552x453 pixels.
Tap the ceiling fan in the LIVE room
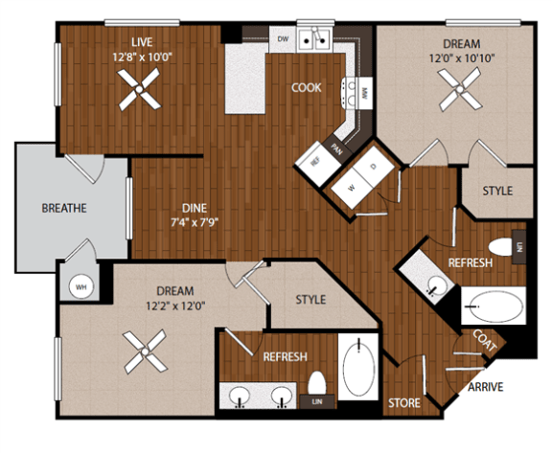(x=141, y=93)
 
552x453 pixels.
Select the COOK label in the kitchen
(x=307, y=87)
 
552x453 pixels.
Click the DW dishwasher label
(x=283, y=38)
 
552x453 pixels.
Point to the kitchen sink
(x=314, y=39)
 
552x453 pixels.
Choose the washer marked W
(x=352, y=188)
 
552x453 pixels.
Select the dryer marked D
(x=374, y=168)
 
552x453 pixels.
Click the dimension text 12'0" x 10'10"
(x=461, y=58)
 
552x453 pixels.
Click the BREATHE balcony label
(x=65, y=208)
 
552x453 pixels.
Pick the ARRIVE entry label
(x=486, y=388)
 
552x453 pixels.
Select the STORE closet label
(x=403, y=403)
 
